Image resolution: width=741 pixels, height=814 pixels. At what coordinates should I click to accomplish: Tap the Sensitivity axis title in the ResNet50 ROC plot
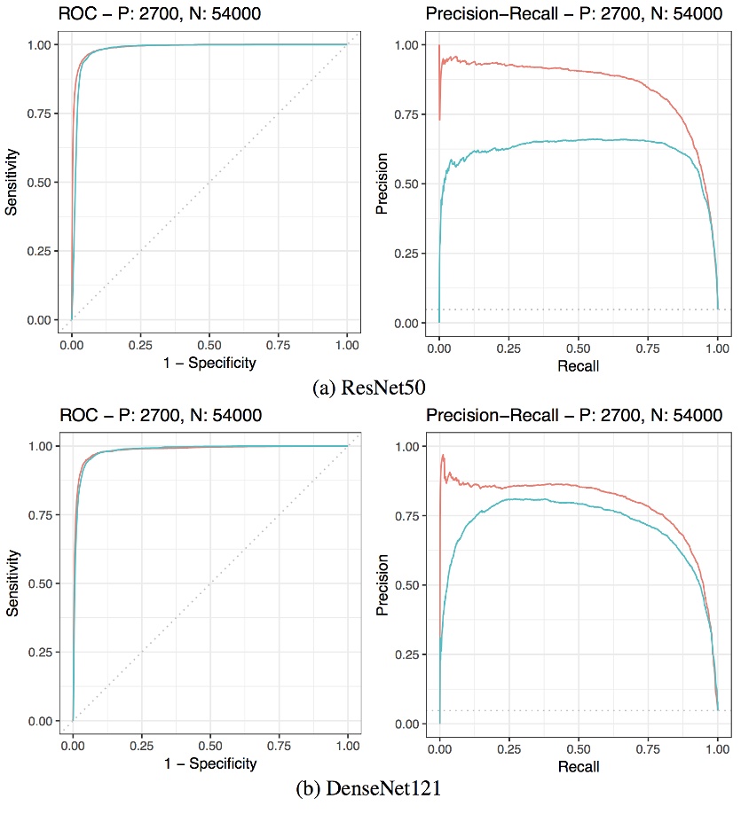[12, 181]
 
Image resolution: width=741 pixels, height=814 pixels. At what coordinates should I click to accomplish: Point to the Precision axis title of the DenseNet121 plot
[381, 582]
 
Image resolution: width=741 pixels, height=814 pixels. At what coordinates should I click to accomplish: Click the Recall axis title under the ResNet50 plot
[579, 365]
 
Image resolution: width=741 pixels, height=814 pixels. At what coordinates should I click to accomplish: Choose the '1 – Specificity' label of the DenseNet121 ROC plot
[209, 763]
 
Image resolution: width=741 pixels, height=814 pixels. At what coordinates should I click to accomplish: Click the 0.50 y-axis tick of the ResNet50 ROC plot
[40, 183]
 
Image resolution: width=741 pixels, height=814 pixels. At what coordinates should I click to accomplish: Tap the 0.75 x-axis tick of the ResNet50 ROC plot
[278, 344]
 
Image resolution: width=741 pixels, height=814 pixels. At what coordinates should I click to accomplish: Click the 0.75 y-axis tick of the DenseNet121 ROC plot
[40, 515]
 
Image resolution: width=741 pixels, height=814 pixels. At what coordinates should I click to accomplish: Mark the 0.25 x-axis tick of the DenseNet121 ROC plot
[140, 745]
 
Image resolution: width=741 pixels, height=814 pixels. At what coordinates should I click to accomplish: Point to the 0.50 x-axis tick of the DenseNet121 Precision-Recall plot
[579, 745]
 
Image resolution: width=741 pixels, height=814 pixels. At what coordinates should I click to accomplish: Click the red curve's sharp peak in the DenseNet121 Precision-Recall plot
[442, 455]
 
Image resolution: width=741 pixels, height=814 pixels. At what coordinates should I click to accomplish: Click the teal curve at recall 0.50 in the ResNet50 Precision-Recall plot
[579, 140]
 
